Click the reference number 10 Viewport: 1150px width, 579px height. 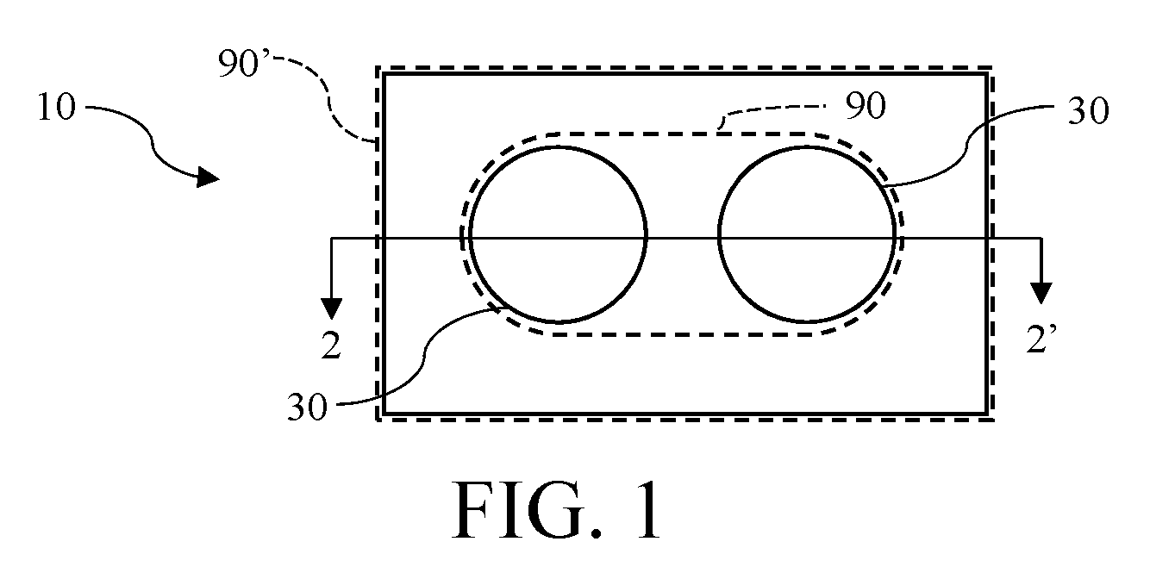57,108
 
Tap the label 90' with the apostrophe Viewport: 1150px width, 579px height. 243,63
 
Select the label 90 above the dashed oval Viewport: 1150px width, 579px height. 866,106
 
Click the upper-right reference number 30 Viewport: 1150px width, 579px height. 1089,111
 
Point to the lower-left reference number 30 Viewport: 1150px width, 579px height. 307,408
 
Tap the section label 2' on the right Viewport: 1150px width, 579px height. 1041,339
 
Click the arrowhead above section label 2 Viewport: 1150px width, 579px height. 332,308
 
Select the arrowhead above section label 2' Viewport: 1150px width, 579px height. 1041,293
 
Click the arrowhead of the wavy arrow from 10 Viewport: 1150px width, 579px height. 208,177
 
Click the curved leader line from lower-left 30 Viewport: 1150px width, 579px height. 425,354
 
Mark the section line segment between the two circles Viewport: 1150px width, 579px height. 683,238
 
